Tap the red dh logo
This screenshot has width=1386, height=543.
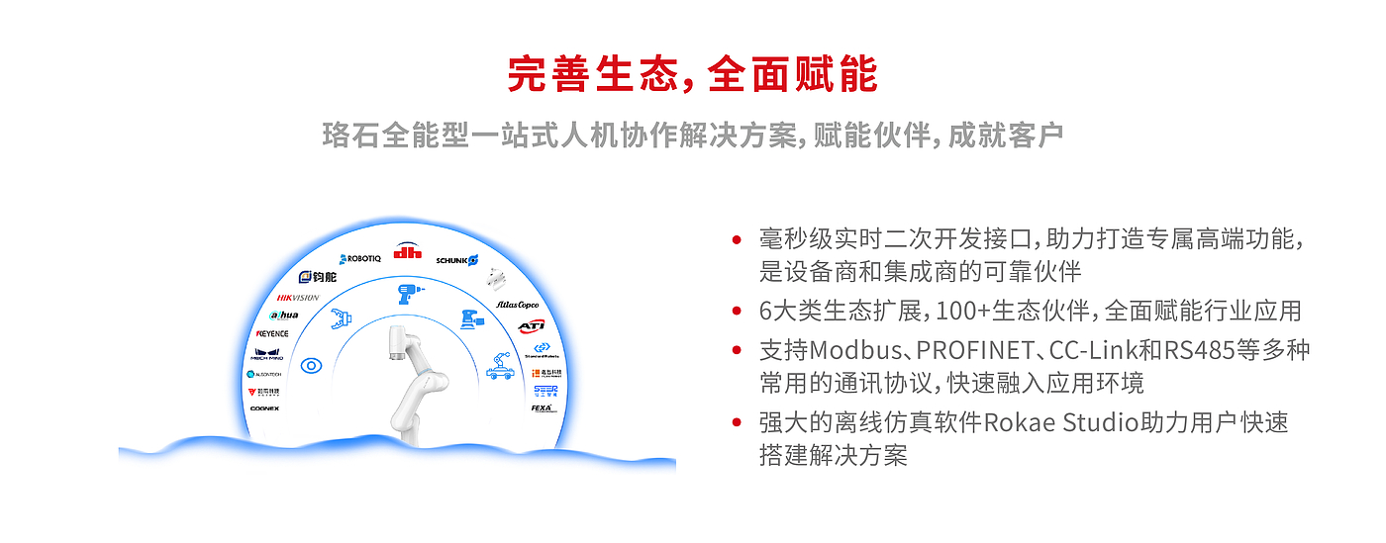pos(408,251)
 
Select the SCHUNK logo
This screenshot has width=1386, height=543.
pos(456,260)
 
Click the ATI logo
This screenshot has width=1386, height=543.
pos(532,325)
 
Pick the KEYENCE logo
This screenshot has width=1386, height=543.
pos(272,333)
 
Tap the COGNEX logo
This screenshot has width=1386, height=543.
pos(264,407)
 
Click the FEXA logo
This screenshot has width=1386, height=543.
pos(544,407)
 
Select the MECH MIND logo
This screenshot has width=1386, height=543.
pos(268,353)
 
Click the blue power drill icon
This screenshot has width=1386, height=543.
pos(407,294)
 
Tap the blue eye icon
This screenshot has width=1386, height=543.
pos(312,365)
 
